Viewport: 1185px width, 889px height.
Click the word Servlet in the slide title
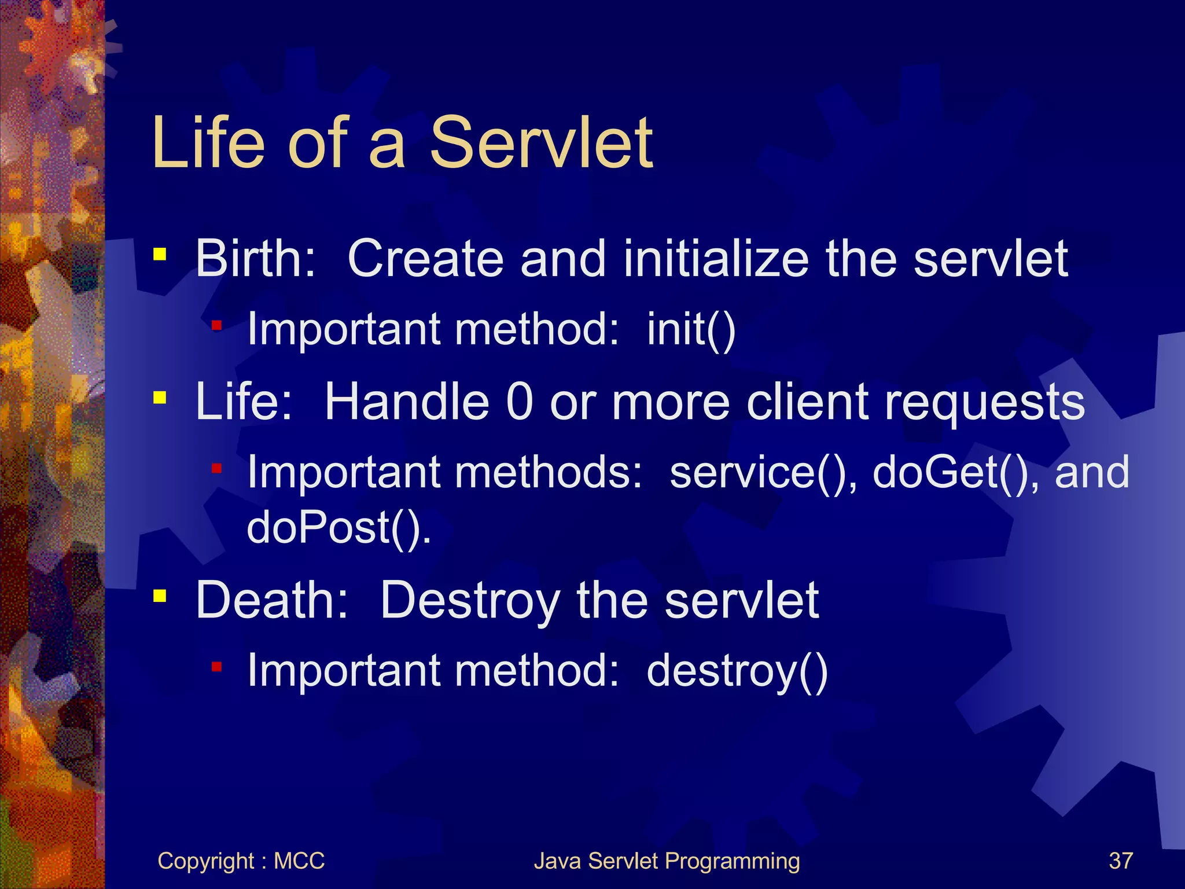[541, 143]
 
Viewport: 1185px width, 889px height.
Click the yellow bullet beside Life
[160, 398]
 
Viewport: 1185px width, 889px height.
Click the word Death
[271, 600]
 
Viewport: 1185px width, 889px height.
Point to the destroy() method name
[737, 671]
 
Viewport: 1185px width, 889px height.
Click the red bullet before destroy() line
[216, 667]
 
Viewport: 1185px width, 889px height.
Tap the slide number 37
[1120, 861]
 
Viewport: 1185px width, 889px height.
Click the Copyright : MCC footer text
[241, 861]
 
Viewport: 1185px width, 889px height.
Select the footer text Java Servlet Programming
[667, 861]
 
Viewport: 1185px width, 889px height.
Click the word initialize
[716, 259]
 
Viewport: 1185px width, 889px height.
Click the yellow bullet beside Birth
[160, 254]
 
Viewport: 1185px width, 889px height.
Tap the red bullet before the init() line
[216, 325]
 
